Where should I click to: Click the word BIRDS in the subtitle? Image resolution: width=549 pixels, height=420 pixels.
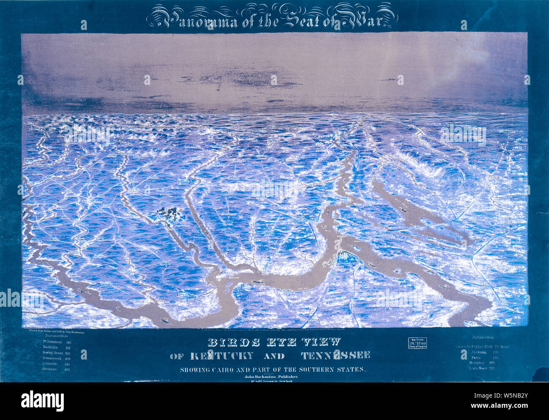[x=233, y=342]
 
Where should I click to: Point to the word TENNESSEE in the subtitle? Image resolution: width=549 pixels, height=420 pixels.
[x=336, y=356]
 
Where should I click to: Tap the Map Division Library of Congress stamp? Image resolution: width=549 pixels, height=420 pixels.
[x=417, y=343]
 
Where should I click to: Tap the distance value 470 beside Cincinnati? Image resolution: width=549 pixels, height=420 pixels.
[x=67, y=369]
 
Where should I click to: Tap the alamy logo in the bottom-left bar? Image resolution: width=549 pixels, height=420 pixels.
[x=42, y=401]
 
